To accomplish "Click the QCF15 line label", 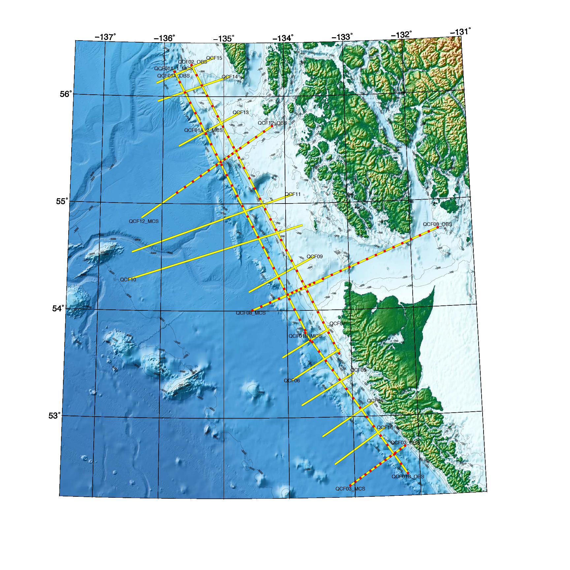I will [x=214, y=58].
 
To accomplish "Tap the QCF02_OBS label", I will [x=192, y=62].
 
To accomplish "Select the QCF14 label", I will [x=230, y=77].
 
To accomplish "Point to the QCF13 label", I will [x=240, y=112].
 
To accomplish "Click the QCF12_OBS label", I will [x=272, y=123].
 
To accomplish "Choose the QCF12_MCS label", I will [x=143, y=221].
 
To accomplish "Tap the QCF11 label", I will [x=293, y=194].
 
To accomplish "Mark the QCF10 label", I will [x=128, y=280].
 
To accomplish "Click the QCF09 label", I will [x=314, y=257].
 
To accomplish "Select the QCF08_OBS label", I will [x=437, y=224].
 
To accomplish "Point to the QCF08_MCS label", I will [x=250, y=313].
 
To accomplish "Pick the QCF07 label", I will [x=337, y=324].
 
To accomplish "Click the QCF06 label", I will [x=292, y=381].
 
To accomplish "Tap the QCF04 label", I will [x=375, y=401].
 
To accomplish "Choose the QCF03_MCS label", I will [x=350, y=489].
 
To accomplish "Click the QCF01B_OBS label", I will [x=408, y=477].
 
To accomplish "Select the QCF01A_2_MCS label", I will [x=203, y=130].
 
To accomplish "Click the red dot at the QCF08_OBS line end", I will [x=438, y=227].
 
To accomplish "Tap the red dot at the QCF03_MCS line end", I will [x=351, y=485].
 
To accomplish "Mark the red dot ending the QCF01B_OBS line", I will [x=408, y=473].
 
